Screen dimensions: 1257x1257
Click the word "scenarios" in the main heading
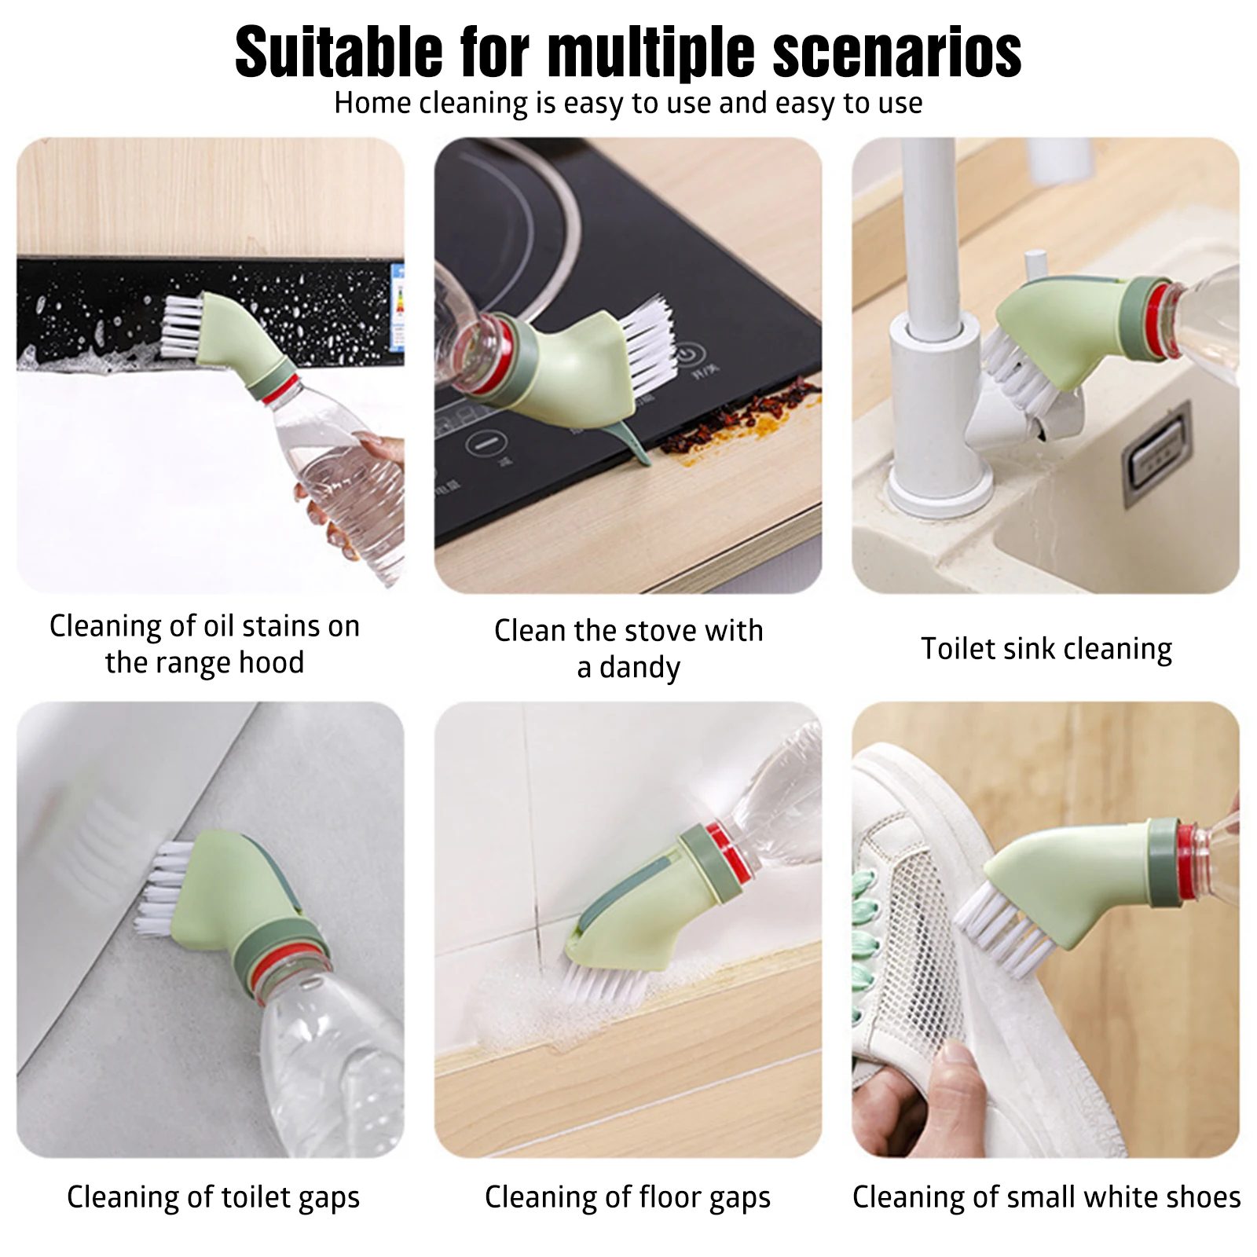point(897,52)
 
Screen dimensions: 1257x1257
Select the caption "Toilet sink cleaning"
point(1046,650)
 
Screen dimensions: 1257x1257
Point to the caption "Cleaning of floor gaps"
point(628,1198)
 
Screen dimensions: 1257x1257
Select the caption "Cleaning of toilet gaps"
point(213,1198)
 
